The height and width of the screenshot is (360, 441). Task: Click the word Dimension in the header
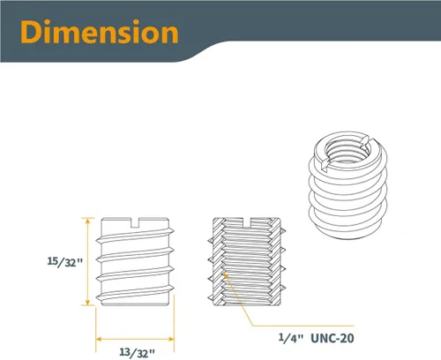click(100, 33)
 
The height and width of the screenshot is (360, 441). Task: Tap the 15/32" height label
click(65, 262)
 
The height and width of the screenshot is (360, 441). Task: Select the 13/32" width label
click(137, 352)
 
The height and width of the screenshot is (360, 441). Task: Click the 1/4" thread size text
click(290, 338)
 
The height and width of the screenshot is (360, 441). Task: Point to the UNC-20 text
click(333, 338)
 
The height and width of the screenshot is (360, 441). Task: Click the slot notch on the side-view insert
click(135, 222)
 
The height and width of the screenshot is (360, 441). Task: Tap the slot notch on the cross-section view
click(246, 222)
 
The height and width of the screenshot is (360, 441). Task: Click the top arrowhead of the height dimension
click(87, 221)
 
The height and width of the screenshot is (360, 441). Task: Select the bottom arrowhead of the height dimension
click(87, 303)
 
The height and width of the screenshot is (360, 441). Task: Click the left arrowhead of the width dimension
click(99, 340)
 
